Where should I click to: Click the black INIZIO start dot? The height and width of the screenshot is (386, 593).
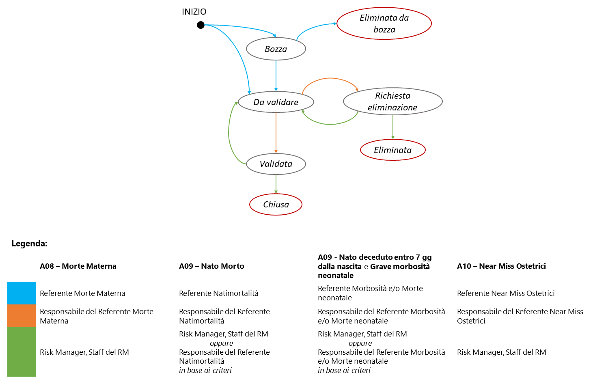click(201, 25)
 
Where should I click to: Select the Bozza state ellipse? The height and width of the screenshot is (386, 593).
click(276, 49)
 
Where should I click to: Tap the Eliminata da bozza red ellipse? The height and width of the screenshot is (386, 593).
click(384, 24)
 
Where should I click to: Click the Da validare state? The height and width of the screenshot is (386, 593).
click(276, 102)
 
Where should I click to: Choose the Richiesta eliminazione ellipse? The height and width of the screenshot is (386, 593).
click(392, 101)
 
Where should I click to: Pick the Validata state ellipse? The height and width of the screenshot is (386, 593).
click(276, 164)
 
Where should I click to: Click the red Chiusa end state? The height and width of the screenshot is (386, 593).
click(276, 205)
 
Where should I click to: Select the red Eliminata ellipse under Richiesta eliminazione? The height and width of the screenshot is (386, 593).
click(392, 150)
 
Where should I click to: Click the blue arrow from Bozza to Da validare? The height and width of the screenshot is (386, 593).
click(276, 75)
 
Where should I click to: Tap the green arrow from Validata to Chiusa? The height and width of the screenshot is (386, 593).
click(276, 184)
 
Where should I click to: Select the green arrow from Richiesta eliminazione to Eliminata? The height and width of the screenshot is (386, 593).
click(392, 127)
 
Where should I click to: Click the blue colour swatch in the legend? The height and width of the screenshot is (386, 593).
click(22, 293)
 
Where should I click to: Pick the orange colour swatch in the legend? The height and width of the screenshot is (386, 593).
click(22, 316)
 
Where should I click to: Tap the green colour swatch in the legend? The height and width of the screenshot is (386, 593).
click(22, 352)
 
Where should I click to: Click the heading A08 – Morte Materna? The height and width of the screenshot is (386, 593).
click(78, 266)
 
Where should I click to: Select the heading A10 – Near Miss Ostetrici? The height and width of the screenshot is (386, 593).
click(501, 266)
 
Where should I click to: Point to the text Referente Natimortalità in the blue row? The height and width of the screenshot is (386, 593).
click(218, 293)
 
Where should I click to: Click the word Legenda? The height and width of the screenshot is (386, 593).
click(29, 244)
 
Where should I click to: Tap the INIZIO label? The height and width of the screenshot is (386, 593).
click(194, 12)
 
